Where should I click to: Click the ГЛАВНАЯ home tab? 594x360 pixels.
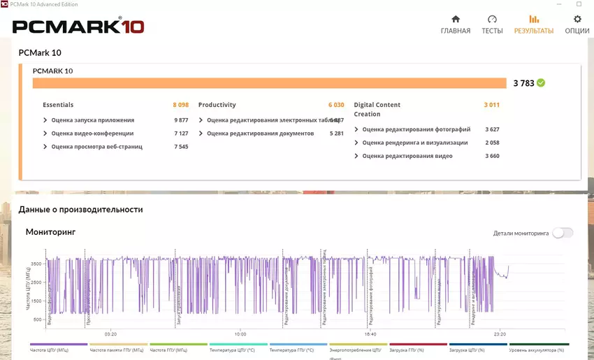click(x=455, y=24)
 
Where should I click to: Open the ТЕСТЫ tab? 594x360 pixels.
click(x=492, y=24)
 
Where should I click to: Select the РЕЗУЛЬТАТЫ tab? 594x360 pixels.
click(x=534, y=24)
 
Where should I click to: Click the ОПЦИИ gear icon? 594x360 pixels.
click(x=577, y=20)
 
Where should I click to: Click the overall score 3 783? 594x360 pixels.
click(x=523, y=83)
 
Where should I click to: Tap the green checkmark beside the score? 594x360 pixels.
click(x=541, y=82)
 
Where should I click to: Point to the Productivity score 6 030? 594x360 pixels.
click(x=336, y=105)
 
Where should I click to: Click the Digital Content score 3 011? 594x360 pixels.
click(x=491, y=105)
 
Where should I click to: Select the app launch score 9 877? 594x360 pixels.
click(x=181, y=120)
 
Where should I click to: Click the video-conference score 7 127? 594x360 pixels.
click(x=181, y=134)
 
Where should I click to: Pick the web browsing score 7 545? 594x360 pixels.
click(x=181, y=147)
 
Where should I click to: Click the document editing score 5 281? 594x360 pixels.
click(x=336, y=134)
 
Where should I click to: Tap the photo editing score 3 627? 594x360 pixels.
click(x=492, y=129)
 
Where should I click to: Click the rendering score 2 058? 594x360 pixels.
click(x=492, y=143)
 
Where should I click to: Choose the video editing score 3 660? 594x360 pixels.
click(x=492, y=156)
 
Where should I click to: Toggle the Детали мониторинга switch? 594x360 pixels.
click(x=563, y=233)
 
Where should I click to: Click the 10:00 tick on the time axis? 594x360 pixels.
click(x=240, y=334)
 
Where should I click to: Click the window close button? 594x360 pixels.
click(x=579, y=5)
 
